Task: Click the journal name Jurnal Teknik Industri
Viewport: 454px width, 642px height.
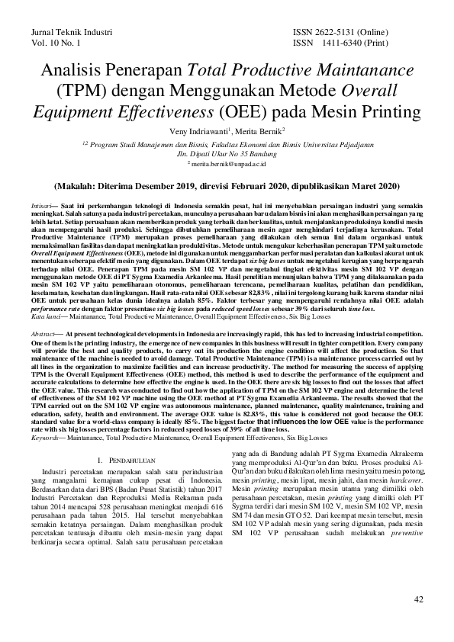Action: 71,34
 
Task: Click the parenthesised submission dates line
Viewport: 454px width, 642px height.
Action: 227,185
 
